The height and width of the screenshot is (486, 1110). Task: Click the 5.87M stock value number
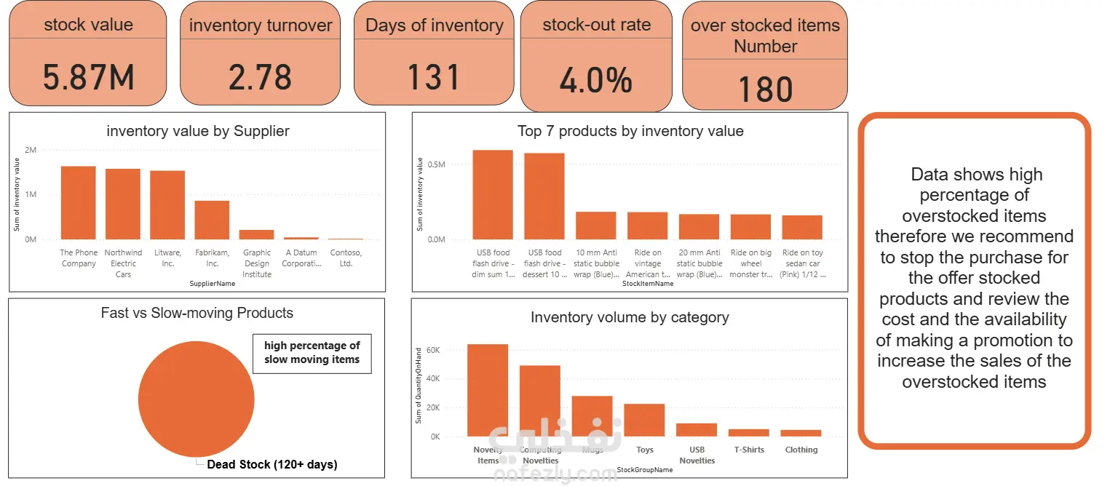[x=88, y=77]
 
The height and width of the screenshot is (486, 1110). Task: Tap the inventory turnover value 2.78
[x=260, y=77]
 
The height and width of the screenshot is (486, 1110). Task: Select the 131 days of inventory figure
[x=434, y=77]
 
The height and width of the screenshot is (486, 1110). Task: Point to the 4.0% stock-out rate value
[x=595, y=81]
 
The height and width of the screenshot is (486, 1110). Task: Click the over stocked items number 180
[x=764, y=89]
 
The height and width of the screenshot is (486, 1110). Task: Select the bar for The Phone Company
[x=79, y=203]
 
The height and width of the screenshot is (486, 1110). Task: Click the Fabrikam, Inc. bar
[x=212, y=220]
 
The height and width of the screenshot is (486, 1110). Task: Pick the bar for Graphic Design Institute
[x=257, y=234]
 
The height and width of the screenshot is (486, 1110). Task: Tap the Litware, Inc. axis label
[x=168, y=258]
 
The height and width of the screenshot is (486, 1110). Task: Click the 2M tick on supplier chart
[x=30, y=150]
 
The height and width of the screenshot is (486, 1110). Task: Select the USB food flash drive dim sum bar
[x=493, y=194]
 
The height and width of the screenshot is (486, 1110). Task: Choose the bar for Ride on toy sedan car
[x=802, y=227]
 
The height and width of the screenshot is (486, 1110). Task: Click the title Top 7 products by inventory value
[x=630, y=131]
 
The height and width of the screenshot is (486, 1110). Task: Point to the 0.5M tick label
[x=436, y=164]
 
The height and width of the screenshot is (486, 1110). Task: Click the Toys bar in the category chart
[x=644, y=420]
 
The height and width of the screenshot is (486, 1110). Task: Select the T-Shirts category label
[x=749, y=450]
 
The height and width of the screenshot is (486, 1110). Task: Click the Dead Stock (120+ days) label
[x=271, y=464]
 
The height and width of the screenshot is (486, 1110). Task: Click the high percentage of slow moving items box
[x=312, y=353]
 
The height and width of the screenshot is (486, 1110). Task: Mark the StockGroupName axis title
[x=644, y=470]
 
